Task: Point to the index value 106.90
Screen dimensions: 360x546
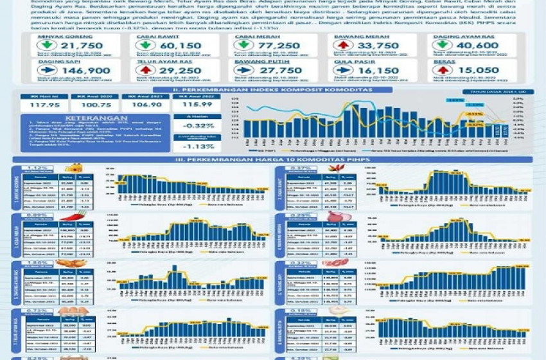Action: (147, 104)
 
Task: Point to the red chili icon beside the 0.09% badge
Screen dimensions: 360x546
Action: (82, 216)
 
